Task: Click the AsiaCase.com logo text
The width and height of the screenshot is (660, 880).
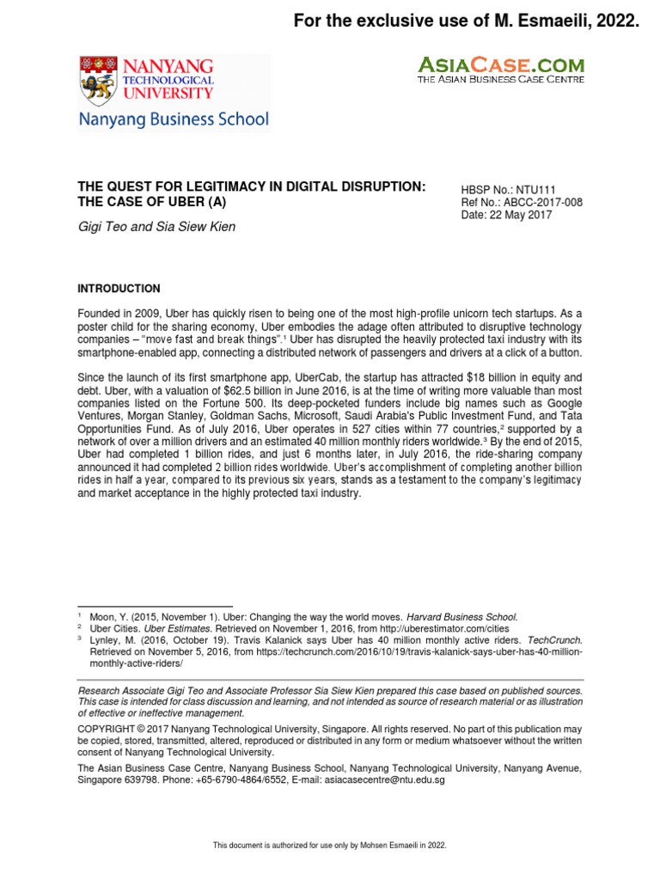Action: [x=501, y=64]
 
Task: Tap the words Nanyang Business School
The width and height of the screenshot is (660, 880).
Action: [x=174, y=119]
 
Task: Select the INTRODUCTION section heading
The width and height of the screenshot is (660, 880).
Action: [x=119, y=288]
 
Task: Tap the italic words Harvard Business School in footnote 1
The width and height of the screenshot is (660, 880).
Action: [x=463, y=616]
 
